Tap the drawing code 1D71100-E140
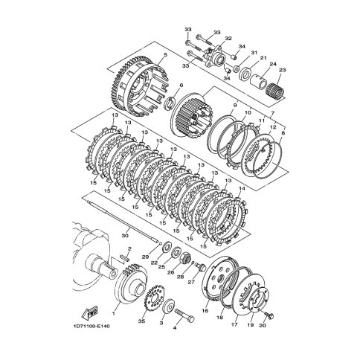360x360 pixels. [x=91, y=326]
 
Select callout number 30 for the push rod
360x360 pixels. [x=125, y=236]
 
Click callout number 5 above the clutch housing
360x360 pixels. [x=166, y=54]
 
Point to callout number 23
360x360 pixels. [x=283, y=70]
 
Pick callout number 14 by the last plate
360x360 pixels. [x=242, y=189]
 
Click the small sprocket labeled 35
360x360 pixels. [x=152, y=301]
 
